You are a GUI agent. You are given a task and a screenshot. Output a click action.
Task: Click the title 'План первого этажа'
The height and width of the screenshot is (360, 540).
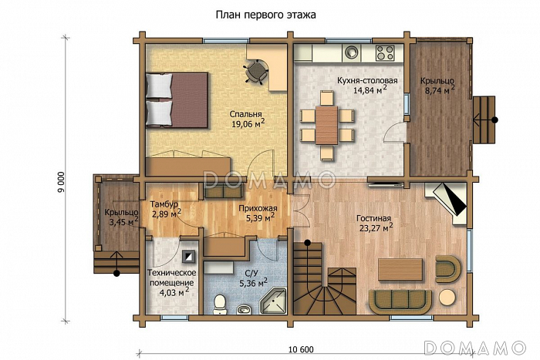[x=265, y=15]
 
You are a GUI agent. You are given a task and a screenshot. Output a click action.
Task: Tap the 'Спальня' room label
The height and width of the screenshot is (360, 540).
[x=245, y=114]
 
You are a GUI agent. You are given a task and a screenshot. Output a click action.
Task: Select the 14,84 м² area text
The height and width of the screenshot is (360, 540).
[x=370, y=90]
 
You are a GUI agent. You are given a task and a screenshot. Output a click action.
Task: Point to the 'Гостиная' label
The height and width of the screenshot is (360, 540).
[x=373, y=218]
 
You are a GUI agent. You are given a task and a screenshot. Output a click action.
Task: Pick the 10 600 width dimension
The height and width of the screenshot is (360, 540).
[x=301, y=350]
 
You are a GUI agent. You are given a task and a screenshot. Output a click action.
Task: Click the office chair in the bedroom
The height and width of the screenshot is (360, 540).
[x=256, y=71]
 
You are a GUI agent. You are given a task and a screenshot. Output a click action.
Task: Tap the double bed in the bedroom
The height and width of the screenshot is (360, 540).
[x=177, y=99]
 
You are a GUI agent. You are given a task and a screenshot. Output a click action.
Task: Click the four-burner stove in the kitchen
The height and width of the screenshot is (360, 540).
[x=385, y=52]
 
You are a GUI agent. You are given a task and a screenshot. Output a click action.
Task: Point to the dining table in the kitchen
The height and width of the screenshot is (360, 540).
[x=326, y=126]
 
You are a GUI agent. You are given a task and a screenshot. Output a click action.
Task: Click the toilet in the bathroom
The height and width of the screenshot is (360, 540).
[x=219, y=304]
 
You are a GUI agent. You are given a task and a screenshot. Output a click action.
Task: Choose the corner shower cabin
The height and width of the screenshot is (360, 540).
[x=273, y=301]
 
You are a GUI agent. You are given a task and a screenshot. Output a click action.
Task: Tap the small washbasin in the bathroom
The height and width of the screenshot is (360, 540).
[x=244, y=308]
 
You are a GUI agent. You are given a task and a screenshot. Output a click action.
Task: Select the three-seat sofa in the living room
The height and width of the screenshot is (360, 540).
[x=400, y=301]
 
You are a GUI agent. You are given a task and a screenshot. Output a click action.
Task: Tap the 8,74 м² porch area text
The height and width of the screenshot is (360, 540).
[x=437, y=90]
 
